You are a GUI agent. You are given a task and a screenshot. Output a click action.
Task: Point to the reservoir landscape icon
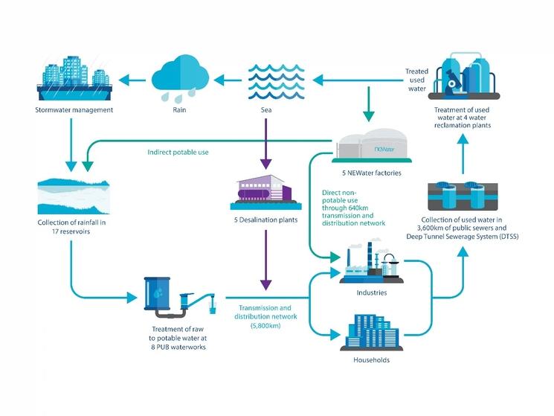(x=73, y=193)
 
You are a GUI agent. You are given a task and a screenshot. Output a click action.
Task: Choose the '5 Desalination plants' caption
(x=265, y=221)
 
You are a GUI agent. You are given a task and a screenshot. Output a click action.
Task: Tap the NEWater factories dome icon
(x=372, y=144)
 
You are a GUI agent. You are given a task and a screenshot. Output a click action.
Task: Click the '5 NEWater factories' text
(x=372, y=173)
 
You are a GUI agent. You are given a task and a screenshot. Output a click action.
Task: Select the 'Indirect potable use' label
(x=178, y=152)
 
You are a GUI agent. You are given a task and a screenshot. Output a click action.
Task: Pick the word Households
(x=371, y=360)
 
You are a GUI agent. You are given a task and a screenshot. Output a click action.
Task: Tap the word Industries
(x=371, y=292)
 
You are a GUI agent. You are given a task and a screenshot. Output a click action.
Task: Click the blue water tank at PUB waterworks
(x=158, y=292)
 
